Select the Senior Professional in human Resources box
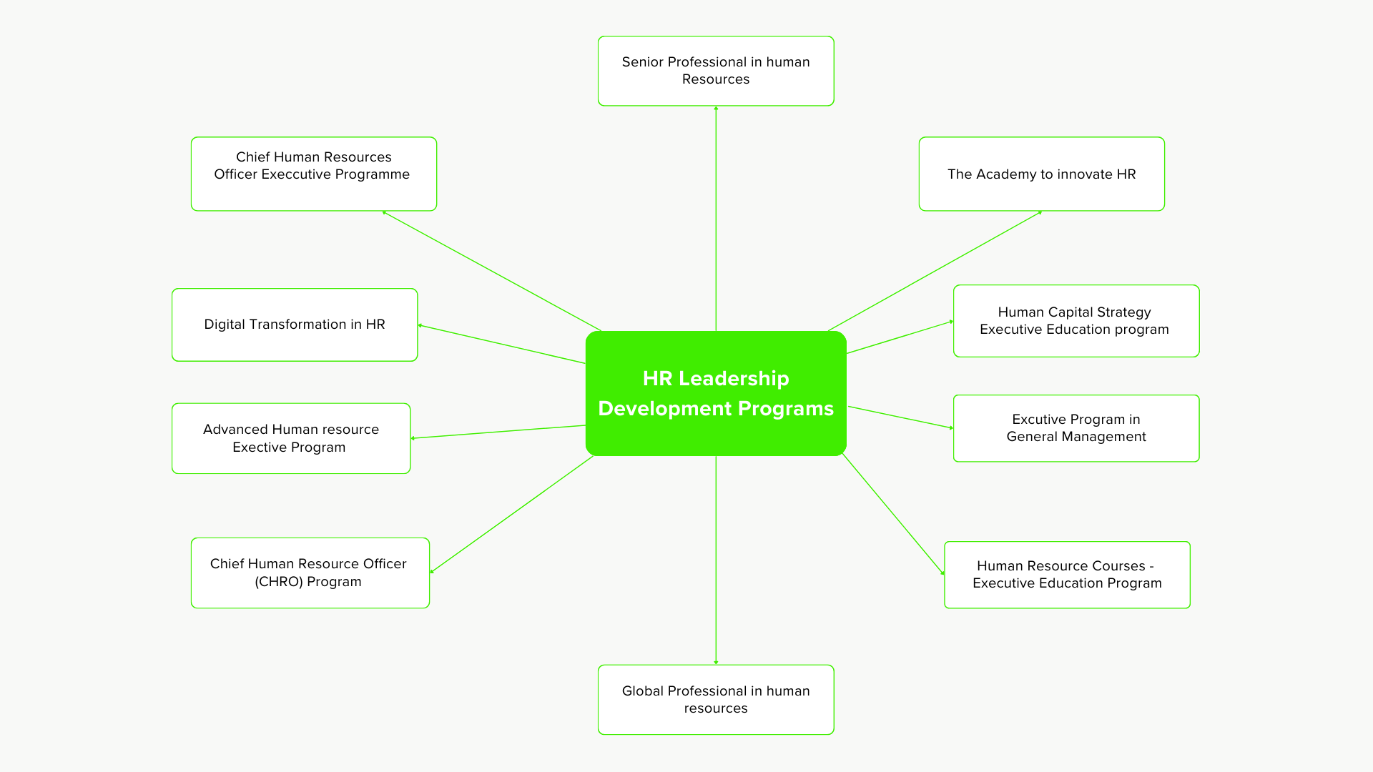(716, 71)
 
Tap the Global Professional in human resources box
(716, 699)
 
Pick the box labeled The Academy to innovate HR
(1041, 174)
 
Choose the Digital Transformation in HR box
(294, 325)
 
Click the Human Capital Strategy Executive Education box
(1076, 321)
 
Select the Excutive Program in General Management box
(1076, 428)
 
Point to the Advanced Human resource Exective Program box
(290, 438)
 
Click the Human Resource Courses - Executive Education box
(1067, 575)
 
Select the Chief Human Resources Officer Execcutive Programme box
(313, 174)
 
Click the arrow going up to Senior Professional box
(716, 214)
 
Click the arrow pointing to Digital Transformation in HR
(501, 345)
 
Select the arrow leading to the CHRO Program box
(511, 515)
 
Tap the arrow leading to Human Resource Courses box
(892, 513)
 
